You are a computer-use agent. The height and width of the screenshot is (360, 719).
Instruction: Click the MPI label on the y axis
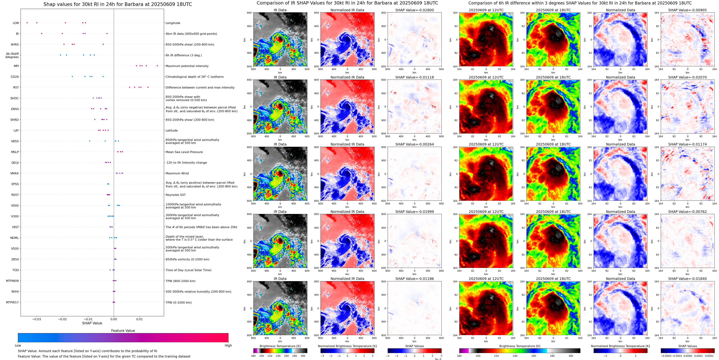16,66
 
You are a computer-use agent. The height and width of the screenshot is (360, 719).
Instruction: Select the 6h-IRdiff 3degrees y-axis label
12,56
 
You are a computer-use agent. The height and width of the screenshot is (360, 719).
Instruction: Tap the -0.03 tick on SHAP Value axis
36,319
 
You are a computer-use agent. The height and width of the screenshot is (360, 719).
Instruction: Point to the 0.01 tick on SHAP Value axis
140,319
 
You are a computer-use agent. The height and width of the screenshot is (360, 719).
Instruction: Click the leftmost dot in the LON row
27,23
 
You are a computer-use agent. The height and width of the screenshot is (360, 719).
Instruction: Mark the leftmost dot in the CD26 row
72,77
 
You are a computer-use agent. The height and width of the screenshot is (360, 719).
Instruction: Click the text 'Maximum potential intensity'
187,66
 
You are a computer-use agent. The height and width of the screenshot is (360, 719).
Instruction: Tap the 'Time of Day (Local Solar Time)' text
188,270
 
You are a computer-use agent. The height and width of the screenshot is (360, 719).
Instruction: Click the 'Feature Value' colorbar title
123,331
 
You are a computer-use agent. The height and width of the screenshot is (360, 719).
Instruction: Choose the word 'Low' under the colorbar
18,345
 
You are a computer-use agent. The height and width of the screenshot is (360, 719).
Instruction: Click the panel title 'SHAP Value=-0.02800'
415,10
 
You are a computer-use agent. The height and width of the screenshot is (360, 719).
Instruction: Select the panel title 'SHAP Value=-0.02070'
687,77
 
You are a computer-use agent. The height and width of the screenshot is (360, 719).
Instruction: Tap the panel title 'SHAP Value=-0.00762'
687,212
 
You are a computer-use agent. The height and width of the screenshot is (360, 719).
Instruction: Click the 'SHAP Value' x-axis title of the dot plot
92,323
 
